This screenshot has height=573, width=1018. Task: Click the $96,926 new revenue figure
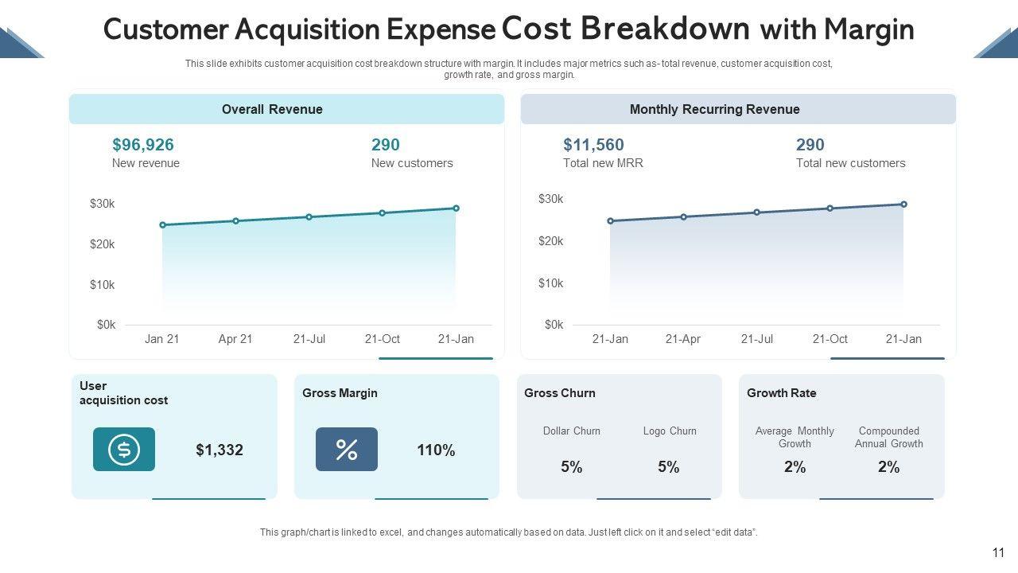coord(143,145)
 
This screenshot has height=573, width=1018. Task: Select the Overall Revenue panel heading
coord(272,110)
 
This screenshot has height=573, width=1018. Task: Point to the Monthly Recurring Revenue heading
coord(714,110)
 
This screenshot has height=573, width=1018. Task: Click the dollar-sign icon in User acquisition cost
coord(124,450)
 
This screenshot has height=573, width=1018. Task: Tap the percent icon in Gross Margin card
coord(347,450)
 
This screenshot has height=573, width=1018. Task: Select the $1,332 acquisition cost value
coord(220,450)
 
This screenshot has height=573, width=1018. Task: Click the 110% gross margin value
coord(436,450)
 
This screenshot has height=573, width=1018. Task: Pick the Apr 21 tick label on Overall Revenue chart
coord(235,339)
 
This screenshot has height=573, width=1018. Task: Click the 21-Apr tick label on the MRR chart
coord(683,339)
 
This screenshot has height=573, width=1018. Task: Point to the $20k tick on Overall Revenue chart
coord(103,244)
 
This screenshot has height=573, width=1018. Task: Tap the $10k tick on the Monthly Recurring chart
coord(551,283)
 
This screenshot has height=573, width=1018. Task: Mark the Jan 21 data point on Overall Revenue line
coord(163,225)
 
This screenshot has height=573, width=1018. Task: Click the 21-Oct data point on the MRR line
coord(830,209)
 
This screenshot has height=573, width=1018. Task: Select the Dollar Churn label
coord(572,431)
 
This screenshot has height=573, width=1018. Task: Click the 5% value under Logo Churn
coord(669,467)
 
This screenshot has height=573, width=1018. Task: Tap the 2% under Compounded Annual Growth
coord(889,467)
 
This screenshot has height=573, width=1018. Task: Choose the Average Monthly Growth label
coord(795,437)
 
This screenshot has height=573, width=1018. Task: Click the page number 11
coord(999,553)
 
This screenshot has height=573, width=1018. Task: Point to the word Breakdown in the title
coord(665,29)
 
